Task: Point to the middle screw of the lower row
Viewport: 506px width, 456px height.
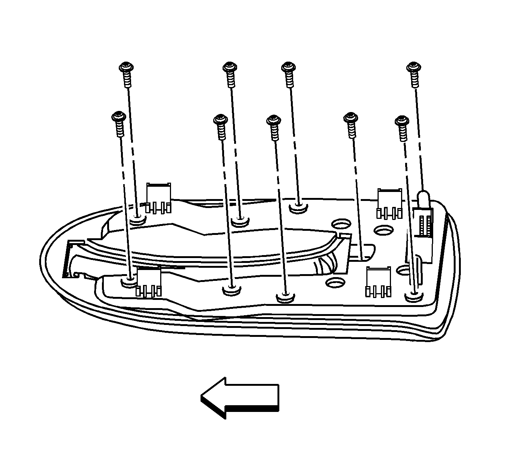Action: point(274,121)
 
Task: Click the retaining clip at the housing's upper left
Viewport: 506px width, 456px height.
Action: point(159,198)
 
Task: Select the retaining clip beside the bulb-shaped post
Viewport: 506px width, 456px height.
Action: point(389,203)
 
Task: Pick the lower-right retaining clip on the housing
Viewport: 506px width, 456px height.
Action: point(378,282)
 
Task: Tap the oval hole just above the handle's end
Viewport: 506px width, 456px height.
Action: point(340,224)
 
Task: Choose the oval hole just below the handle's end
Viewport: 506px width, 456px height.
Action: point(335,282)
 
